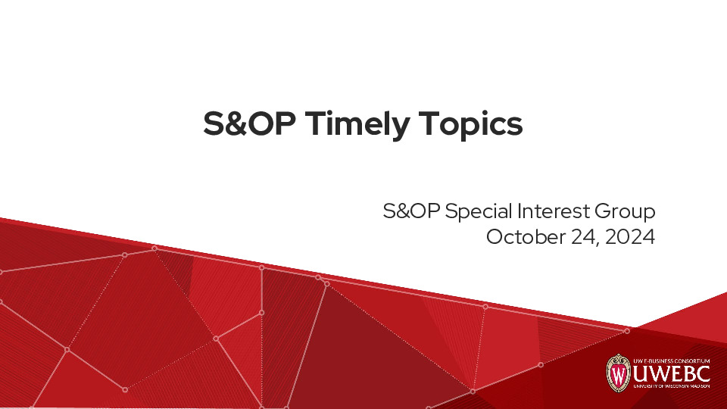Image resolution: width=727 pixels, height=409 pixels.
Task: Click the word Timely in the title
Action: pyautogui.click(x=360, y=125)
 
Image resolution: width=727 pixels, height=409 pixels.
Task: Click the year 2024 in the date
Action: pyautogui.click(x=629, y=236)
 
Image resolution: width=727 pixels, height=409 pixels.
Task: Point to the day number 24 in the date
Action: pyautogui.click(x=582, y=236)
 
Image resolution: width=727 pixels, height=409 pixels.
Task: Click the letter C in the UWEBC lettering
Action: pyautogui.click(x=703, y=373)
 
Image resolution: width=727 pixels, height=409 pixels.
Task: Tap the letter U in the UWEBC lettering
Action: pyautogui.click(x=641, y=373)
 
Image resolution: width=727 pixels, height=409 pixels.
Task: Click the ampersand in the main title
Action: pyautogui.click(x=236, y=123)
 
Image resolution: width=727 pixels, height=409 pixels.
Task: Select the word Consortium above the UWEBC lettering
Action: pyautogui.click(x=694, y=359)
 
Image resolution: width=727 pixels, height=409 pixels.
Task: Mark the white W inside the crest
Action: pyautogui.click(x=619, y=375)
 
